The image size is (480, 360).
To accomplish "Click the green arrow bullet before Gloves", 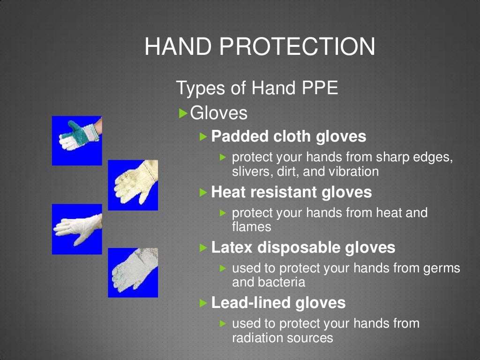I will click(184, 113).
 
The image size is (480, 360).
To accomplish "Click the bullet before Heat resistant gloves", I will click(203, 192).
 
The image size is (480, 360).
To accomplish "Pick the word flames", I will click(252, 227).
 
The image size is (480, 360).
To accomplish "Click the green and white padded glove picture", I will click(76, 140).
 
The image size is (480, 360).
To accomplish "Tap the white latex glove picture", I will click(76, 229).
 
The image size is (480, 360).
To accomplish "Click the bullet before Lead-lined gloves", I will click(203, 303).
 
